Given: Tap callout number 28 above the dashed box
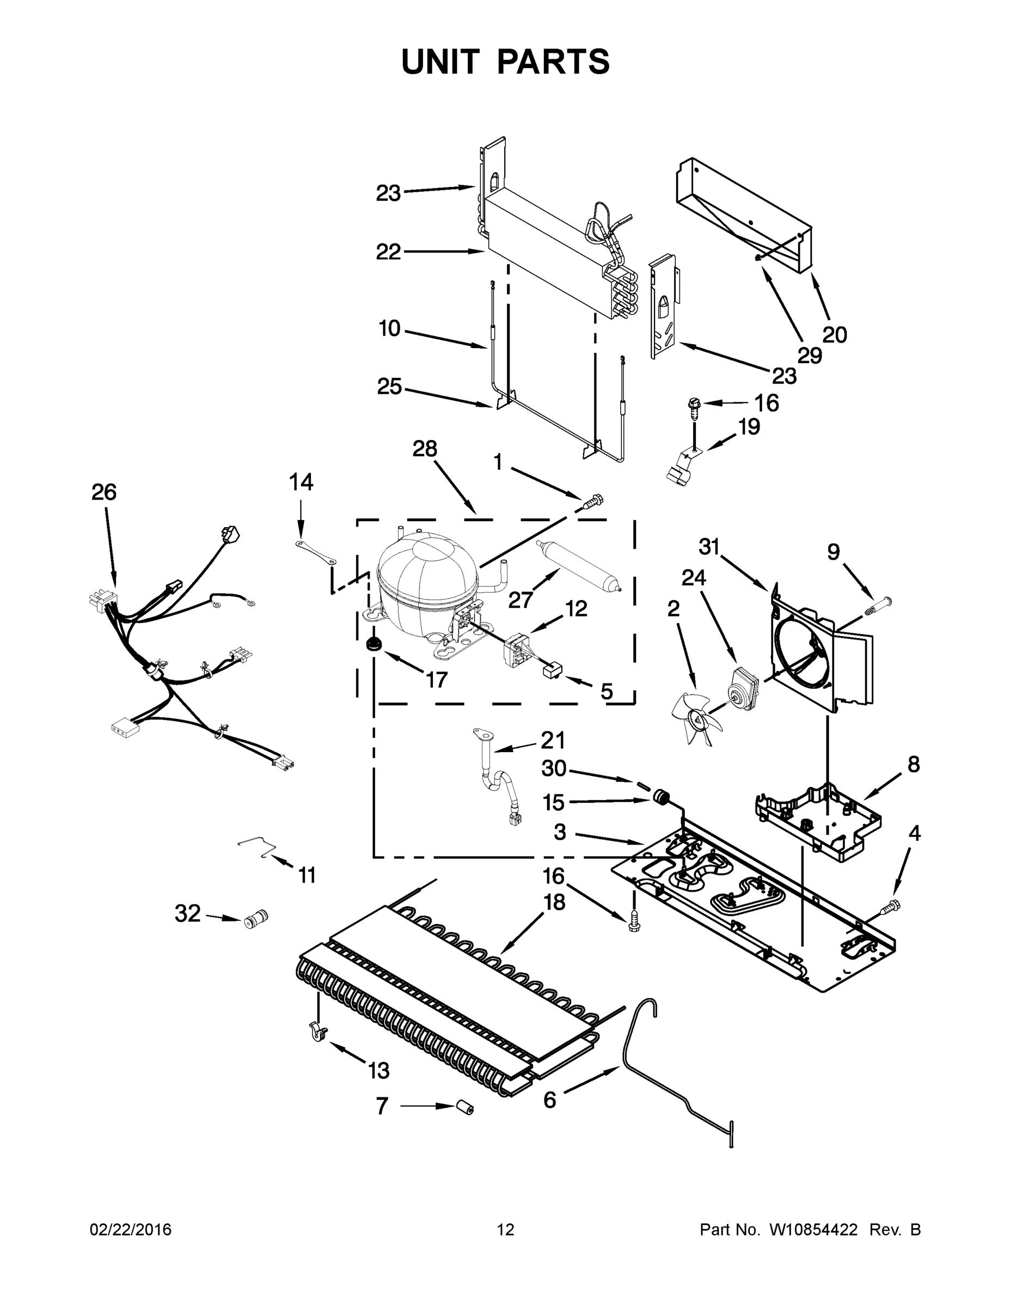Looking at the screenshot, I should coord(425,449).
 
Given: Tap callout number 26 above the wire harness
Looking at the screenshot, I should coord(104,492).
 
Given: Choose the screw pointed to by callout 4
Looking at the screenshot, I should coord(889,907).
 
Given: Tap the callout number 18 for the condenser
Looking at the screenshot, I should coord(555,902).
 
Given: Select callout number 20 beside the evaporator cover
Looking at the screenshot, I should coord(834,334).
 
